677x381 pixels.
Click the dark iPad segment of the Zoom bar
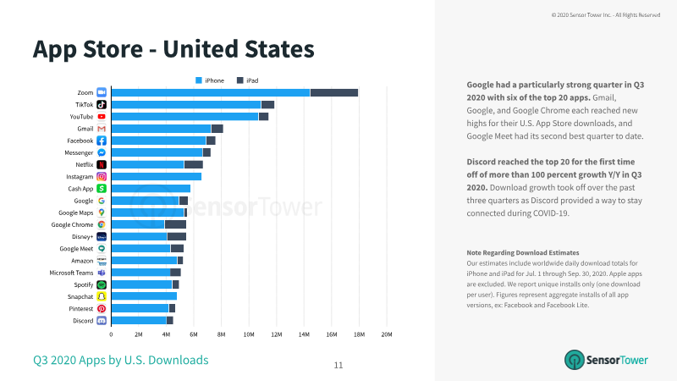click(x=334, y=92)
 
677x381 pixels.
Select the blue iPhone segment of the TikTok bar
click(x=186, y=104)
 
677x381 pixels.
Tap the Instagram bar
click(x=157, y=177)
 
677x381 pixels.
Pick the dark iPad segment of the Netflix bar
click(x=194, y=164)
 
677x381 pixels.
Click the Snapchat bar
click(x=144, y=296)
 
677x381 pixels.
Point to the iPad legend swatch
click(x=240, y=80)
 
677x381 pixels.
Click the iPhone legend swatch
click(x=199, y=80)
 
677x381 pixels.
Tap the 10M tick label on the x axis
click(x=249, y=334)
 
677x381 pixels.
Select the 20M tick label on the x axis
click(x=387, y=334)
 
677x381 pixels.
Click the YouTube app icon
click(x=102, y=117)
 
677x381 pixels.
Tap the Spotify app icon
click(x=102, y=284)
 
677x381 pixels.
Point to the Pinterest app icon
click(x=102, y=308)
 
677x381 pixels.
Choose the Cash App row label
click(x=80, y=189)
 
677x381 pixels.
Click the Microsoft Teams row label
click(x=71, y=273)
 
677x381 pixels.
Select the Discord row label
click(x=83, y=321)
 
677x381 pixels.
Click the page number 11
click(x=338, y=366)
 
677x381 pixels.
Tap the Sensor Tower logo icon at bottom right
click(x=575, y=360)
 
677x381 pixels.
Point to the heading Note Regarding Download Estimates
click(x=523, y=252)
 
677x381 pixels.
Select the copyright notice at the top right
click(x=606, y=15)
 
